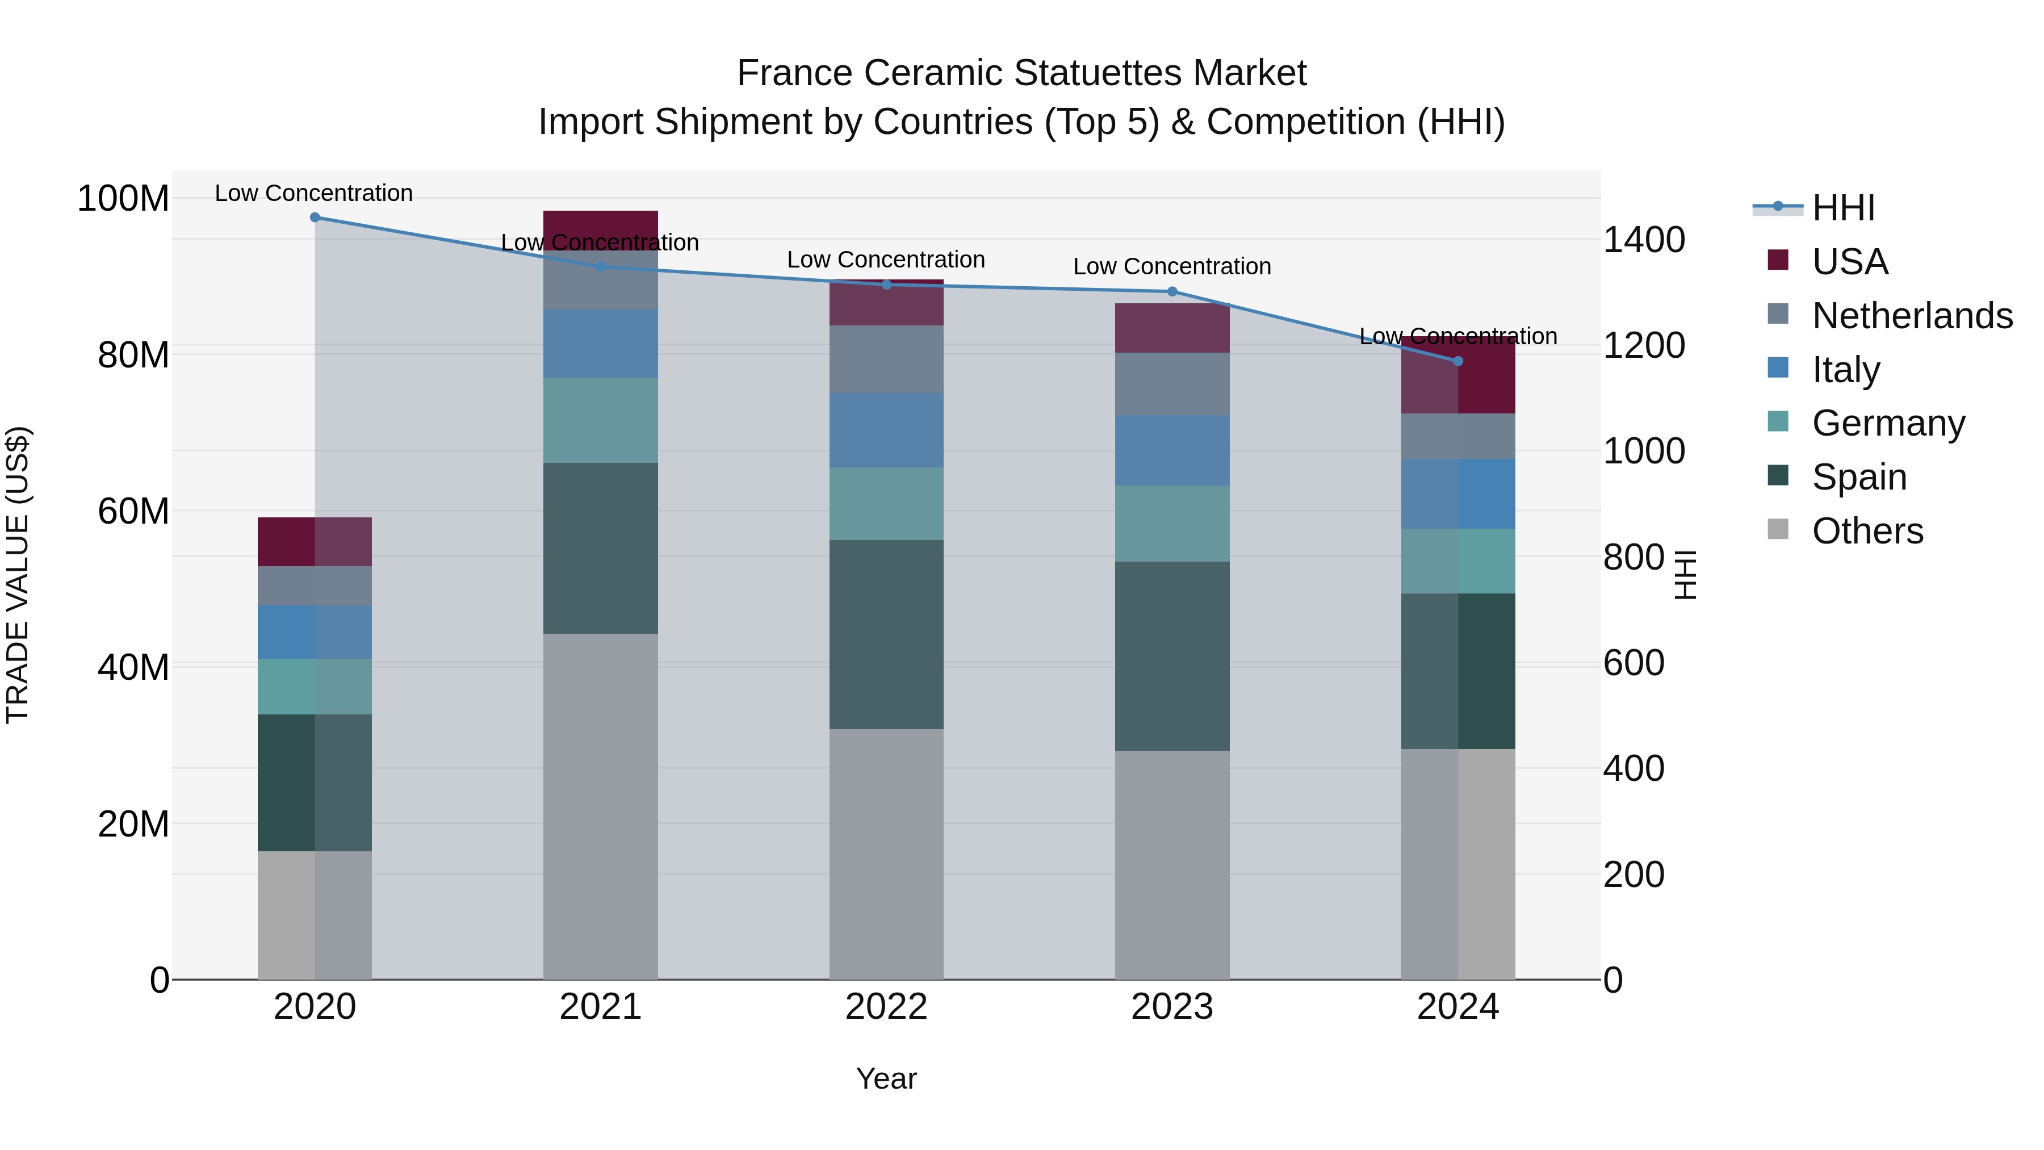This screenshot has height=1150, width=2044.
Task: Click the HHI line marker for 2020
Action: coord(315,218)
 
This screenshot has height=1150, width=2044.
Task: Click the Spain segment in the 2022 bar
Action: coord(886,634)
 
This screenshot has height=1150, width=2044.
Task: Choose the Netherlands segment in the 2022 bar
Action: coord(886,359)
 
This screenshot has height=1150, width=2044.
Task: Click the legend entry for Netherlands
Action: coord(1912,315)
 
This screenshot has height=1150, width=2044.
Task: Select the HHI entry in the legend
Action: coord(1842,208)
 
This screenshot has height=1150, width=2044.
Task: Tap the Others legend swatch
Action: coord(1778,529)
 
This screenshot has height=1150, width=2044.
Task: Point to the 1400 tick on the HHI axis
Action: coord(1644,240)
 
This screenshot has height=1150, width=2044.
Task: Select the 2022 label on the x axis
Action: coord(886,1007)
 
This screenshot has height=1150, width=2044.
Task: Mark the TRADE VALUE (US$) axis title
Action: coord(18,575)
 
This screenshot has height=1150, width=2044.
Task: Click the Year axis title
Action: coord(886,1078)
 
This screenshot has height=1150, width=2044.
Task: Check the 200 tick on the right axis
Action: coord(1633,875)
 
